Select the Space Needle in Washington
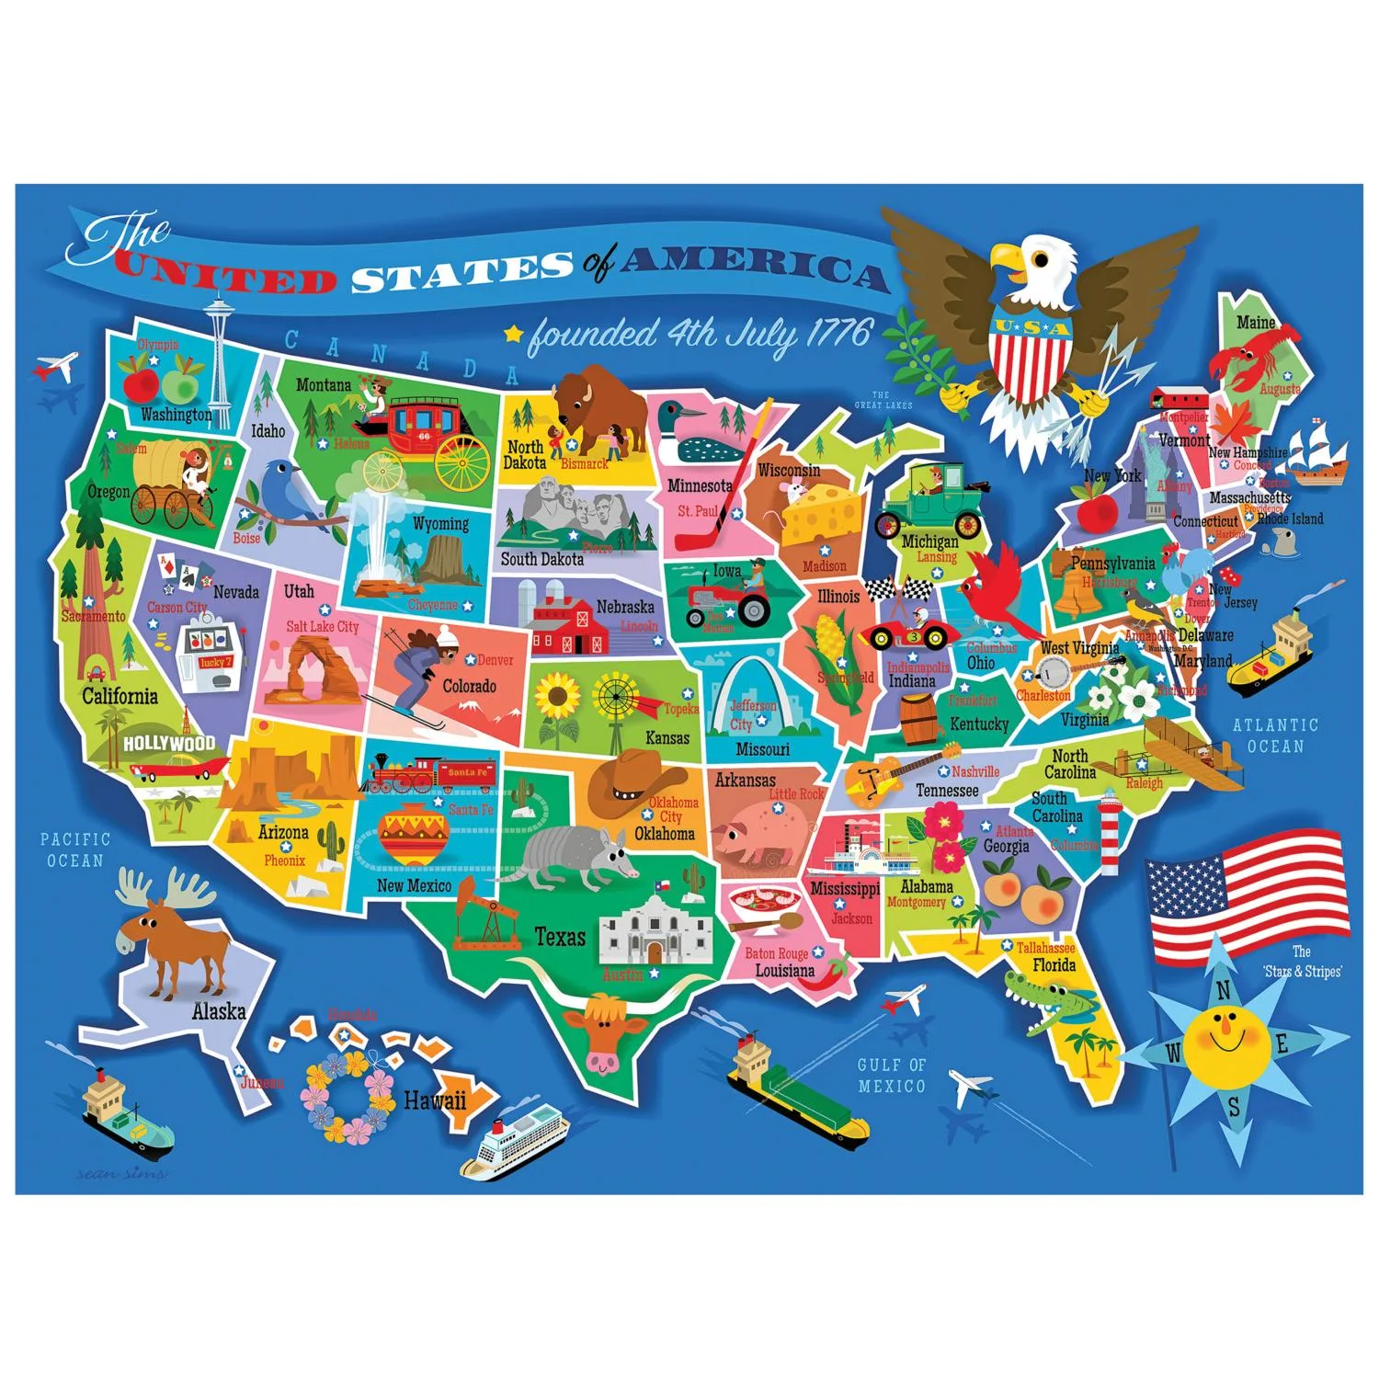[x=218, y=359]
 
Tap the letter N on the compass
[x=1223, y=991]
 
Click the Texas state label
[x=560, y=937]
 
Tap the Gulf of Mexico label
[x=891, y=1075]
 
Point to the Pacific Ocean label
[x=75, y=849]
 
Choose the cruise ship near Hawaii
[x=515, y=1140]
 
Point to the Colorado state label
[x=469, y=686]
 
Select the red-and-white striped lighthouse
[x=1111, y=832]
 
